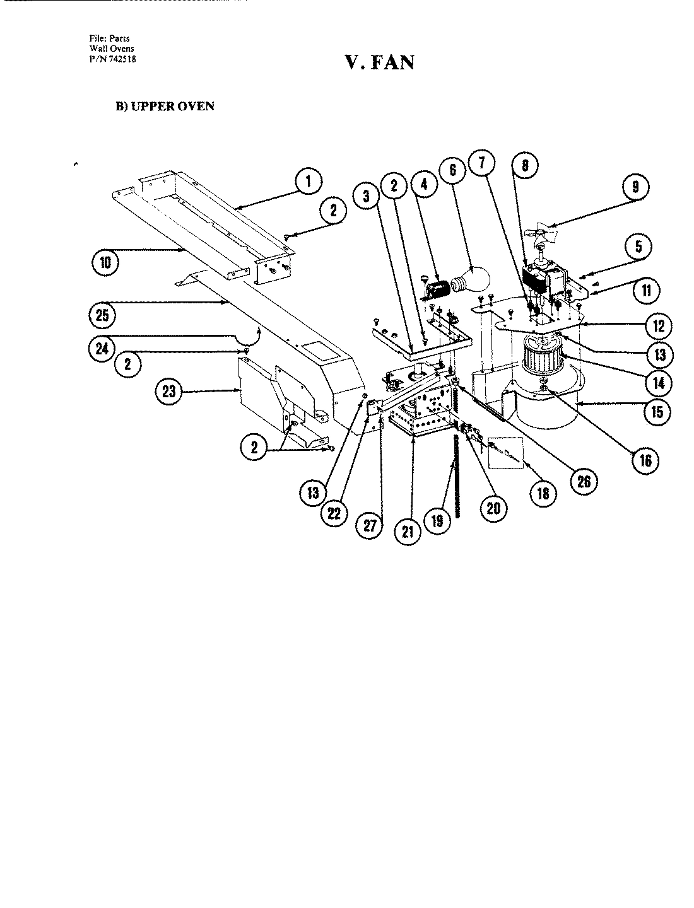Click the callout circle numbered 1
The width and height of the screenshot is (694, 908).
[x=308, y=182]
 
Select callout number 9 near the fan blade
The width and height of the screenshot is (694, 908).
[x=635, y=187]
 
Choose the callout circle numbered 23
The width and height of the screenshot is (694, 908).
[x=168, y=392]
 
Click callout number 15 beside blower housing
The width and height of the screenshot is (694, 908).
[x=657, y=411]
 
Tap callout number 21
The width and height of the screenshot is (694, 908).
[x=407, y=531]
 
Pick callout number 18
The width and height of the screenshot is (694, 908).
[x=543, y=492]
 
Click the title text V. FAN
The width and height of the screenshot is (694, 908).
[x=379, y=62]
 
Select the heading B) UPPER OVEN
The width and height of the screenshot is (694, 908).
[x=164, y=106]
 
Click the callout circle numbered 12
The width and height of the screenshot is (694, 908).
[x=659, y=325]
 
